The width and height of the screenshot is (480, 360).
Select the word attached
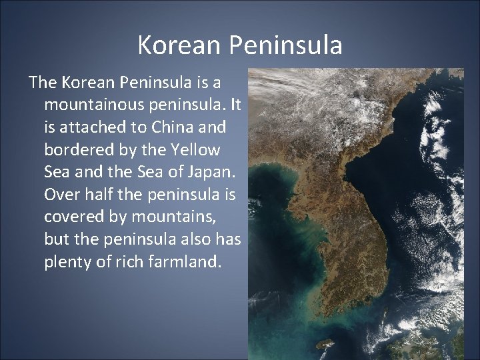[91, 127]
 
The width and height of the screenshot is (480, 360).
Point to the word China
[164, 127]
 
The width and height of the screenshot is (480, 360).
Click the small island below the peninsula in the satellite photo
[326, 343]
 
